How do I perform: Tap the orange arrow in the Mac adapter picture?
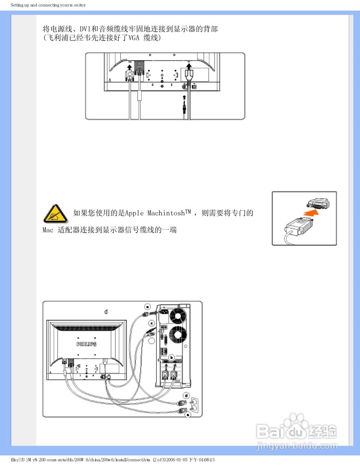click(310, 213)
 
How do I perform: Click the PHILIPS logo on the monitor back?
click(86, 344)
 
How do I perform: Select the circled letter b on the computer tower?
click(171, 358)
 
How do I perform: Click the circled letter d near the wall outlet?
click(186, 396)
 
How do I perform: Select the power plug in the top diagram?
click(189, 76)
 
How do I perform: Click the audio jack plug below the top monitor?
click(185, 107)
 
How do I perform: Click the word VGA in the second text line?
click(134, 38)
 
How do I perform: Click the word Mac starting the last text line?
click(48, 230)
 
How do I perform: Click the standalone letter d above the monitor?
click(106, 312)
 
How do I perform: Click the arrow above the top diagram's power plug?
click(189, 66)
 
